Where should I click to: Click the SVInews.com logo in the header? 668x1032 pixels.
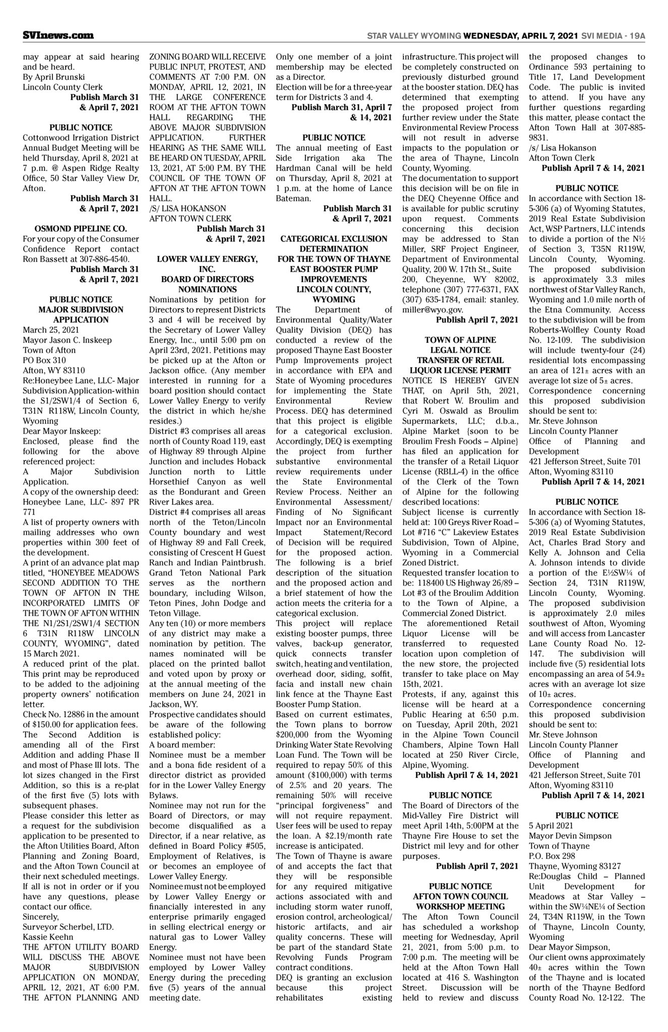(x=58, y=36)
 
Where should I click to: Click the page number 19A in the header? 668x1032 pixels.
(x=636, y=36)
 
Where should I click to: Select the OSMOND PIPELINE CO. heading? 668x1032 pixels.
(x=81, y=228)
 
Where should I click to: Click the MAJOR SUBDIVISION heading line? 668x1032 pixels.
(x=81, y=309)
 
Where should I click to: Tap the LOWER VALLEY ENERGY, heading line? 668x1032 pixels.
(x=207, y=259)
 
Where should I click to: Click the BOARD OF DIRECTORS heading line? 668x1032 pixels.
(x=207, y=279)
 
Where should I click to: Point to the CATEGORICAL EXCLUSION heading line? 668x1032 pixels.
(x=334, y=239)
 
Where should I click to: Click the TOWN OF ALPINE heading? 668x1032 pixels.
(x=460, y=340)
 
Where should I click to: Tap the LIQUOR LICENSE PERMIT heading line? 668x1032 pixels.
(x=460, y=370)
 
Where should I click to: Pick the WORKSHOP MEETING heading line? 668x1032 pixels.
(x=460, y=907)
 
